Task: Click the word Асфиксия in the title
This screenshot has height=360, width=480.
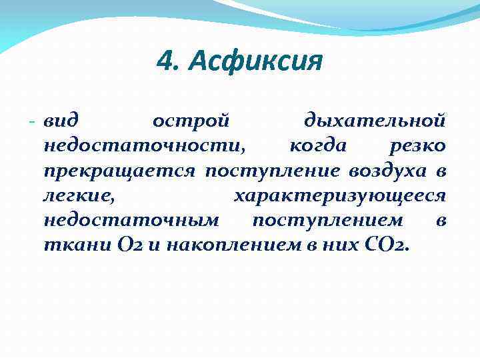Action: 256,63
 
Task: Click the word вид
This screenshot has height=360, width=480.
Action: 61,122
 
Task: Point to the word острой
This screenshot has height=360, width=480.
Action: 191,122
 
